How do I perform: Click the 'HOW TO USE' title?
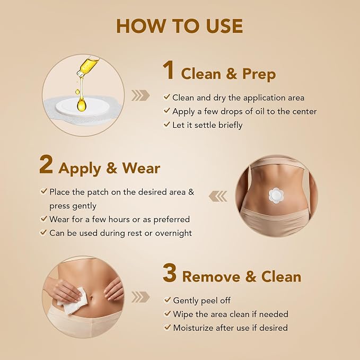180,26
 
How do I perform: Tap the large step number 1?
169,70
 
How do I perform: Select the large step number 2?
46,164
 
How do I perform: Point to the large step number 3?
170,273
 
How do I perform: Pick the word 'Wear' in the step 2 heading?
141,168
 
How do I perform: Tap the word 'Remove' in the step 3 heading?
211,277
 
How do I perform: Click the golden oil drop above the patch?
82,104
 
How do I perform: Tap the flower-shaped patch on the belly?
276,196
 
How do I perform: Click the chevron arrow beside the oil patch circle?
141,95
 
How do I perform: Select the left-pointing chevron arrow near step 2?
218,196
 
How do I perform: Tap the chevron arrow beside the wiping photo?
141,297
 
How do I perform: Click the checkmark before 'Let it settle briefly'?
166,125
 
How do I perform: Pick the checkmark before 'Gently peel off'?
167,300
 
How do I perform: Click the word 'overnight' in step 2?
173,233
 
